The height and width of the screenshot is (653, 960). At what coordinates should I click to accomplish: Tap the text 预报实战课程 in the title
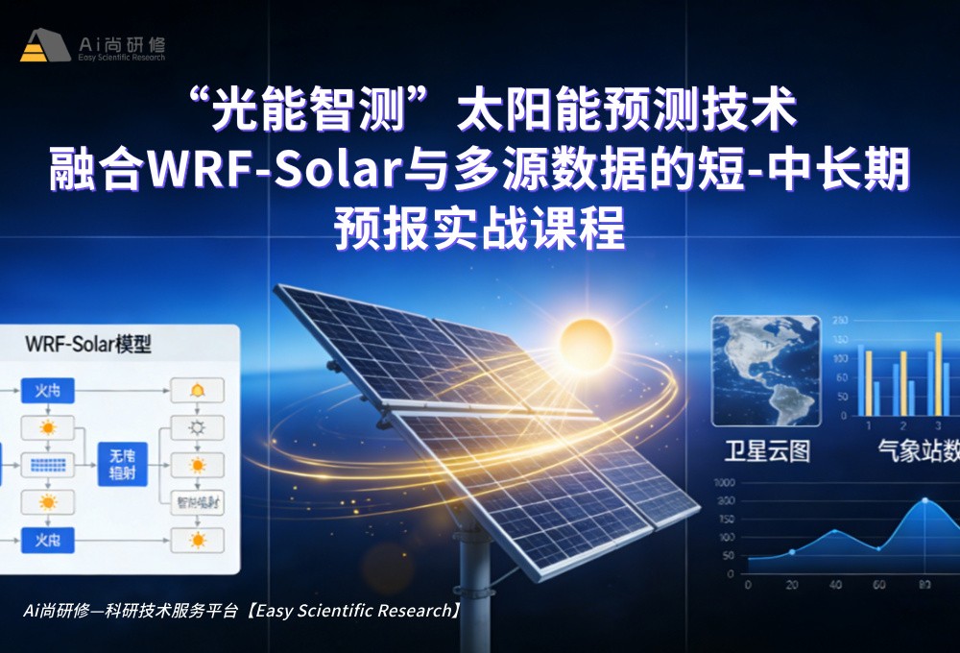(x=479, y=231)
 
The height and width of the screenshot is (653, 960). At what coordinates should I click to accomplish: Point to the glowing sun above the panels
(x=586, y=340)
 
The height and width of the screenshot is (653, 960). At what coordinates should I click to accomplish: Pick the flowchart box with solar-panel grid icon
(x=47, y=465)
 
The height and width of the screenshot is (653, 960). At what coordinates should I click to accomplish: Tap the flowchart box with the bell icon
(x=197, y=390)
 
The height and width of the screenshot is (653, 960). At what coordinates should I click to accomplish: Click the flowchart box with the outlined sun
(x=197, y=427)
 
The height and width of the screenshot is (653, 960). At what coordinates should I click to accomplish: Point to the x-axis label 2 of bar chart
(x=902, y=424)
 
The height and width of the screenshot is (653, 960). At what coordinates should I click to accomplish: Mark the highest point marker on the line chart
(x=925, y=500)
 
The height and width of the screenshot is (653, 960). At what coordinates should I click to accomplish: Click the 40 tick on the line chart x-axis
(x=836, y=584)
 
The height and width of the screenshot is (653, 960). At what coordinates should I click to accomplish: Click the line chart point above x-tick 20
(x=792, y=551)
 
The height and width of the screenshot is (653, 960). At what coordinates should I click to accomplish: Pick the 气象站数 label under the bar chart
(x=917, y=449)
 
